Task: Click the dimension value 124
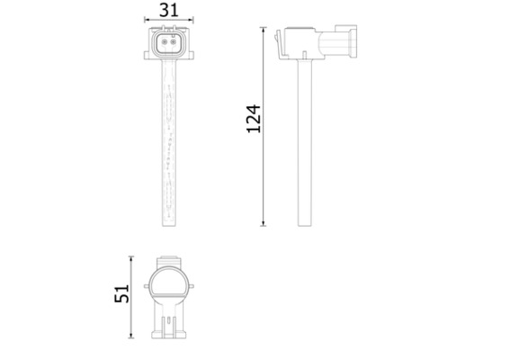click(x=254, y=119)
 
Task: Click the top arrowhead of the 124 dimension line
click(x=264, y=30)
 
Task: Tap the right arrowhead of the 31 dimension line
click(x=189, y=22)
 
